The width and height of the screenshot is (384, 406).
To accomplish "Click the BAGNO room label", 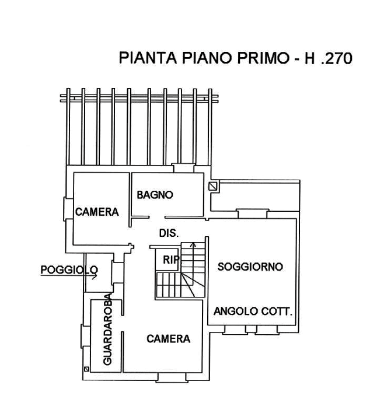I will point(154,195).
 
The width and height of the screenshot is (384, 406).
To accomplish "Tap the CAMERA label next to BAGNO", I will point(97,212).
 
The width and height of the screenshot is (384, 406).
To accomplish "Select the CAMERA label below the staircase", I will point(168,338).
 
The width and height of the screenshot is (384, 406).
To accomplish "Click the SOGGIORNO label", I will point(250,267).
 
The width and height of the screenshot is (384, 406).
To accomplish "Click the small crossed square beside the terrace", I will point(214,187).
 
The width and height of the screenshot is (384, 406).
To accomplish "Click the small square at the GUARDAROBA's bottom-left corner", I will point(86,369).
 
